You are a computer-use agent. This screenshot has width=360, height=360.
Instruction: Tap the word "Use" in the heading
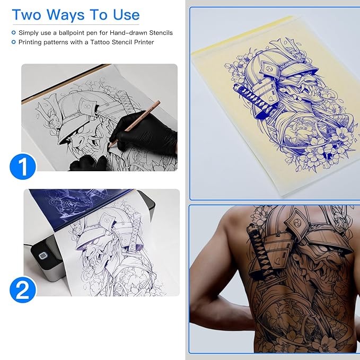pyautogui.click(x=122, y=14)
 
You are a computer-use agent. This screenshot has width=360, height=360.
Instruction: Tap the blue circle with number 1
pyautogui.click(x=23, y=166)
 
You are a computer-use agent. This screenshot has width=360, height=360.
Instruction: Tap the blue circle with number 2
pyautogui.click(x=23, y=289)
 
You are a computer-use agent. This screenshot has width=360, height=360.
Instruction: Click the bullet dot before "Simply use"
pyautogui.click(x=14, y=33)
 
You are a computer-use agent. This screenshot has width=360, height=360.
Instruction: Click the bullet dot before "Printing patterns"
pyautogui.click(x=14, y=42)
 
